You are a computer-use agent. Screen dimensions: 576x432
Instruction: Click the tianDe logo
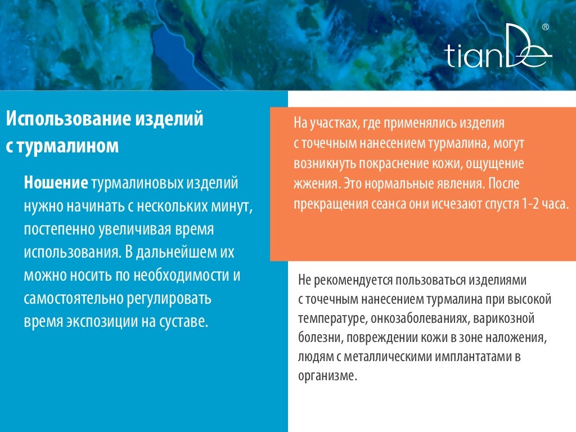498,46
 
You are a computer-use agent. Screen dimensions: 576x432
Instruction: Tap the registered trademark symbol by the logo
546,27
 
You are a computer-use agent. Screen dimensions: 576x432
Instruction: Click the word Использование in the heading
69,118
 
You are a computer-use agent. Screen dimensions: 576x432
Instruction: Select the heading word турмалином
68,146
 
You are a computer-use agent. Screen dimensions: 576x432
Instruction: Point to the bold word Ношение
56,183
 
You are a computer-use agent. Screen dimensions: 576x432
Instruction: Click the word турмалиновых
137,183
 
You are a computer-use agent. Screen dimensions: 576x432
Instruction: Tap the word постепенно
58,229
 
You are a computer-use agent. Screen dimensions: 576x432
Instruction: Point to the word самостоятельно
74,298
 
